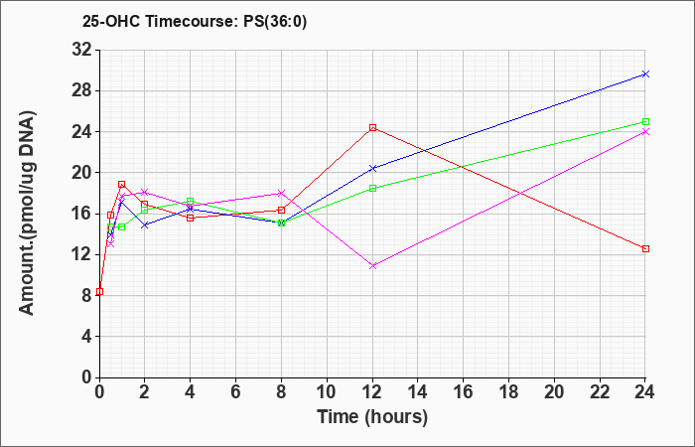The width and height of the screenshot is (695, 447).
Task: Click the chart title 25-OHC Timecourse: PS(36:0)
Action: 195,22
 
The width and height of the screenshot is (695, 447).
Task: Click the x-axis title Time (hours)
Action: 372,417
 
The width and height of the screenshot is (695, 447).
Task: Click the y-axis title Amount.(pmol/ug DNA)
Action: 28,214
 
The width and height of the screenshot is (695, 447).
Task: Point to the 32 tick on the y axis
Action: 82,50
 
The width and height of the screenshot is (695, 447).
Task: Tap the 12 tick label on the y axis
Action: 82,254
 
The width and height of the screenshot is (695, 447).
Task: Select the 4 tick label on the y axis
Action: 87,337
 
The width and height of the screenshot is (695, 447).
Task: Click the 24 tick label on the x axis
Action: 645,392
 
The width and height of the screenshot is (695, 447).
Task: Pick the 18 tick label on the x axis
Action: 508,392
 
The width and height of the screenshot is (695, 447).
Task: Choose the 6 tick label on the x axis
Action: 236,392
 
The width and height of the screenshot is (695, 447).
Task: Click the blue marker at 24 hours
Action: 645,74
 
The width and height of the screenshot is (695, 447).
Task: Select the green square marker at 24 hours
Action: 645,121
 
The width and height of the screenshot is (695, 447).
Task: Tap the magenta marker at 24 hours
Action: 645,132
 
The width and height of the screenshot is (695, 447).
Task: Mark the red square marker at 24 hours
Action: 645,248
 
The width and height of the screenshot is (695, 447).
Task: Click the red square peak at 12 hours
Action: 372,128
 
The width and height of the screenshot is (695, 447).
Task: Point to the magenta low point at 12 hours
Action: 372,266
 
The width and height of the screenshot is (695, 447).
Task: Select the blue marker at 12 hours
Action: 372,169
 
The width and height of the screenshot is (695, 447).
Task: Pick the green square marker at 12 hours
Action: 372,188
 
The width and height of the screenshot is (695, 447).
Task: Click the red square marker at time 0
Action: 99,291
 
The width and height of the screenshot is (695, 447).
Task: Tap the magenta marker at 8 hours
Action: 281,194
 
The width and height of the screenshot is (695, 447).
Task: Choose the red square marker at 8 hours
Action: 281,210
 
